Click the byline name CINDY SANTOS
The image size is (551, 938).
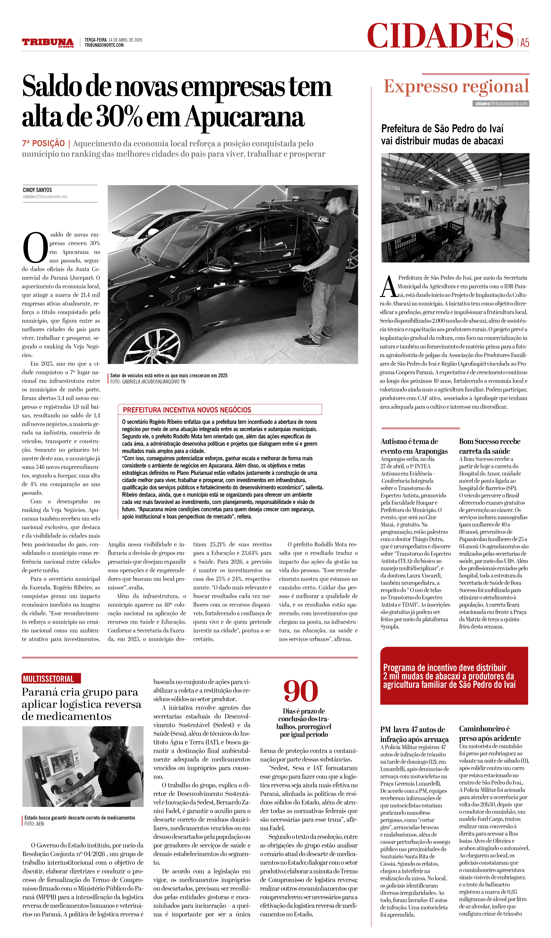pos(37,190)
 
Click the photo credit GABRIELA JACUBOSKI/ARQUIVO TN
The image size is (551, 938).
pos(148,382)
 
